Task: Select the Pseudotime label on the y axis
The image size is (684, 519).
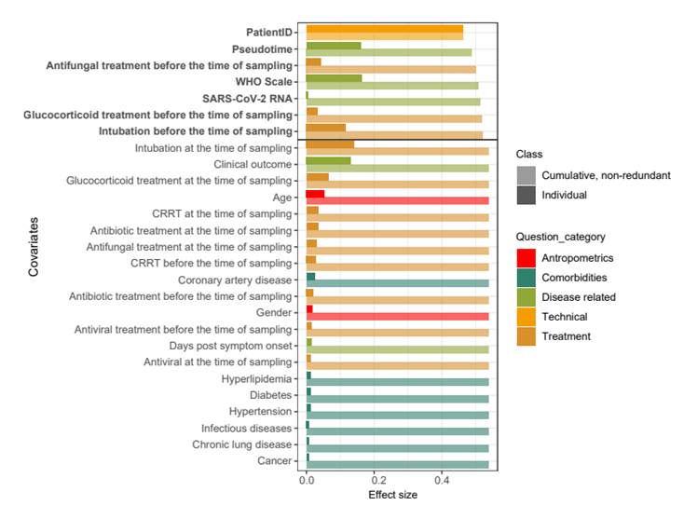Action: click(263, 48)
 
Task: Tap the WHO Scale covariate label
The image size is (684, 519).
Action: click(265, 81)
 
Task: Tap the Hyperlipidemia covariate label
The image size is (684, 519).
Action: click(256, 379)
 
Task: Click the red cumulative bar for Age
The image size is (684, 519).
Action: click(401, 200)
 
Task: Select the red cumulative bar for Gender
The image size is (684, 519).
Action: click(401, 317)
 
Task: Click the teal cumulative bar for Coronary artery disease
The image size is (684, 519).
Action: click(401, 284)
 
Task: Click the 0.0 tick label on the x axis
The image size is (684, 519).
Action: click(308, 485)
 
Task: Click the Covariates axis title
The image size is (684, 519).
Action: click(34, 247)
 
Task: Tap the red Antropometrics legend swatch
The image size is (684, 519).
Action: click(527, 258)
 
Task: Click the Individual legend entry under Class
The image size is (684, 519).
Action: click(566, 195)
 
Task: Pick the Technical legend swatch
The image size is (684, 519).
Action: click(527, 317)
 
